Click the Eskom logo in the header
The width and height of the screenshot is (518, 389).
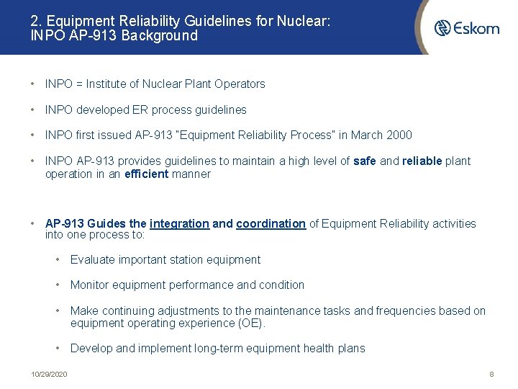(467, 28)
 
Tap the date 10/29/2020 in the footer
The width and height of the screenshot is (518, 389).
(49, 375)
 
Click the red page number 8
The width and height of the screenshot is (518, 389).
(491, 375)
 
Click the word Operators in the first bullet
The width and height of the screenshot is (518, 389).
(240, 84)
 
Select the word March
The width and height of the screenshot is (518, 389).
(366, 135)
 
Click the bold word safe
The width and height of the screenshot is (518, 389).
(365, 161)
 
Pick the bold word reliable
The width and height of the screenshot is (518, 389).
(422, 161)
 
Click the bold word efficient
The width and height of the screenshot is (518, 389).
(146, 174)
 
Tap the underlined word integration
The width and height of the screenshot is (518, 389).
(180, 223)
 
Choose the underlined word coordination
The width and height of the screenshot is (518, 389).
(271, 223)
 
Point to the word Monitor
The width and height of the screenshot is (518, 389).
(91, 285)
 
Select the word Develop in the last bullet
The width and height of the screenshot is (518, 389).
(91, 349)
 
